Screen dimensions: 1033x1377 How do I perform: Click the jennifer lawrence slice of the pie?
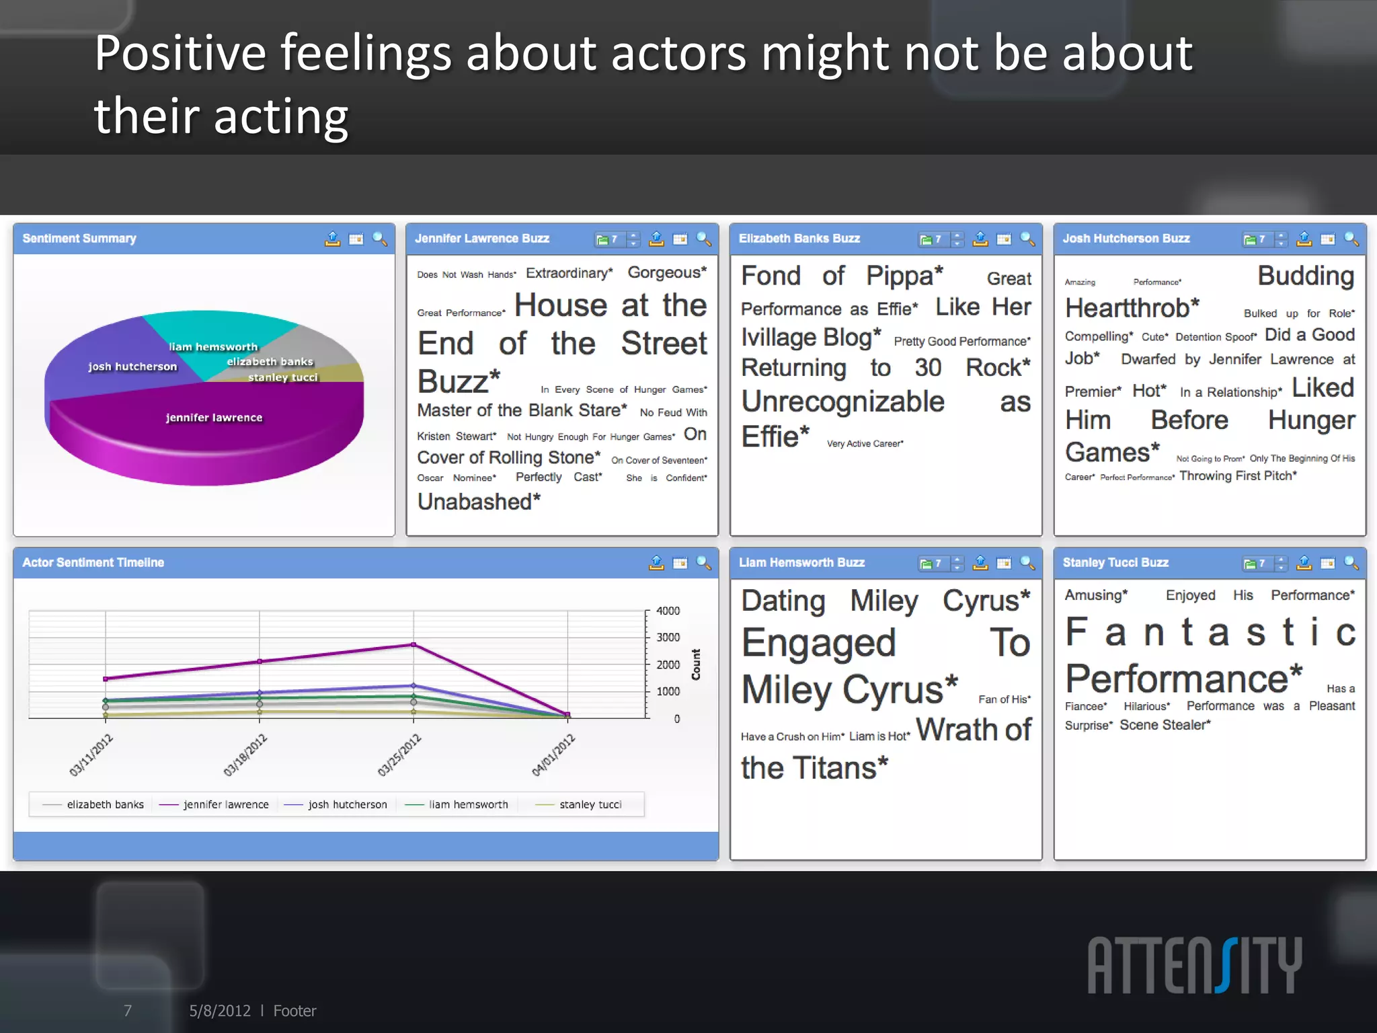point(214,430)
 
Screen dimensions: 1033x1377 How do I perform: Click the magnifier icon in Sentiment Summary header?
point(380,239)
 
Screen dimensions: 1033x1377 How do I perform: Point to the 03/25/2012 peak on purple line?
point(414,644)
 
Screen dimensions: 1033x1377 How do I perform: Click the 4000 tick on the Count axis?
point(668,611)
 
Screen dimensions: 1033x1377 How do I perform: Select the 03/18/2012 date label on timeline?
point(245,755)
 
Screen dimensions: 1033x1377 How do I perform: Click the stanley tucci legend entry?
point(590,804)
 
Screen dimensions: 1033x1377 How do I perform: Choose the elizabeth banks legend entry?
point(105,804)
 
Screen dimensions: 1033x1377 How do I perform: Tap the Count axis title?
point(696,664)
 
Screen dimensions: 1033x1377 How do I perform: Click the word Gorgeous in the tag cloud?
point(664,272)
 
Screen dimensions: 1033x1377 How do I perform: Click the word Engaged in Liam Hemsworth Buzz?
point(819,643)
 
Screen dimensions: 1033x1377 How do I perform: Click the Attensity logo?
point(1195,965)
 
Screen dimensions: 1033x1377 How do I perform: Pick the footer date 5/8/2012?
point(219,1011)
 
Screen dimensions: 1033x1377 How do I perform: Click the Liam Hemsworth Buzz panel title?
point(801,563)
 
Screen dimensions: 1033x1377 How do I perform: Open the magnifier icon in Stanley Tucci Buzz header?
point(1351,563)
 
